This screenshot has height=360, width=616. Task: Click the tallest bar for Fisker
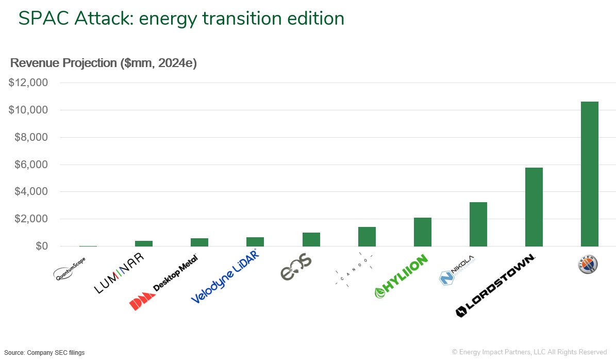coord(589,174)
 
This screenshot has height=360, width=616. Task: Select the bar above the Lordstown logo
coord(534,207)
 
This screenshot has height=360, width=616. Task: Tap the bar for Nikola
coord(478,224)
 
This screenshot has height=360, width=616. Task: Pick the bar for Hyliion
coord(422,232)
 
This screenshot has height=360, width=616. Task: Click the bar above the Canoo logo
coord(367,237)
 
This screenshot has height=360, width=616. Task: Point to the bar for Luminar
coord(144,243)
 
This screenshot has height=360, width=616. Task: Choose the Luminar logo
coord(119,273)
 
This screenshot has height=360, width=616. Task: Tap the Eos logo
coord(296,267)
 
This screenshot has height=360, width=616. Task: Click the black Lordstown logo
coord(495,286)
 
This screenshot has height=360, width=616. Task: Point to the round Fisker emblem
coord(588,264)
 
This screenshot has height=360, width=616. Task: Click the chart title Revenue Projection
coord(104,63)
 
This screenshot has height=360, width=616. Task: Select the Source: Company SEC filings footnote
coord(45,353)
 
